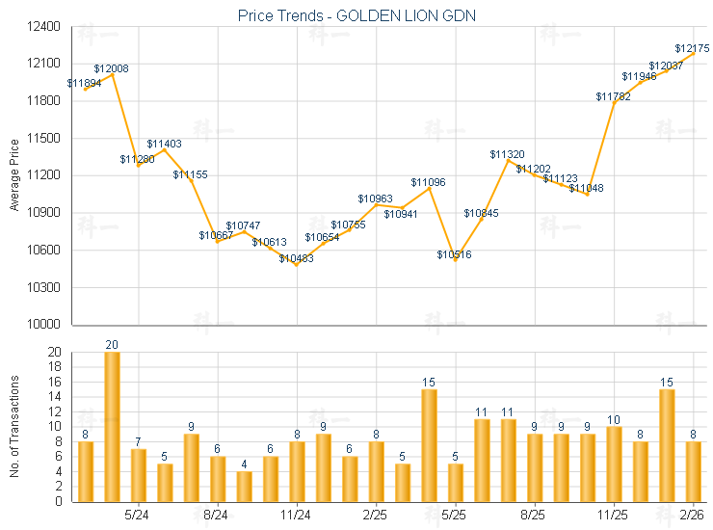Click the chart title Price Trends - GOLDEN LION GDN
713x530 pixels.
point(356,15)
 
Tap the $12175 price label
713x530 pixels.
point(692,48)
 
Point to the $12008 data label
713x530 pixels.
point(112,68)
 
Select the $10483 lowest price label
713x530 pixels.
point(296,258)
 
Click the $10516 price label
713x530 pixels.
point(454,254)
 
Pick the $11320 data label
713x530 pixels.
point(507,154)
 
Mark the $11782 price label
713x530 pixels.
point(613,96)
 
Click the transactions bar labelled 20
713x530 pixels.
point(112,426)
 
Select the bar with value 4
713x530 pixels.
point(244,486)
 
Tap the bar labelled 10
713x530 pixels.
point(614,464)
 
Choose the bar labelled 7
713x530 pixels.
point(139,474)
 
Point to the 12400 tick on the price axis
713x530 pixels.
point(45,27)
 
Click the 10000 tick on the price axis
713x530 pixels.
point(45,325)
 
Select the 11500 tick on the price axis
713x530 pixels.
point(45,139)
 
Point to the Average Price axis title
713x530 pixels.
point(13,175)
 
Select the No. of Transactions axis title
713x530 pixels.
point(13,426)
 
